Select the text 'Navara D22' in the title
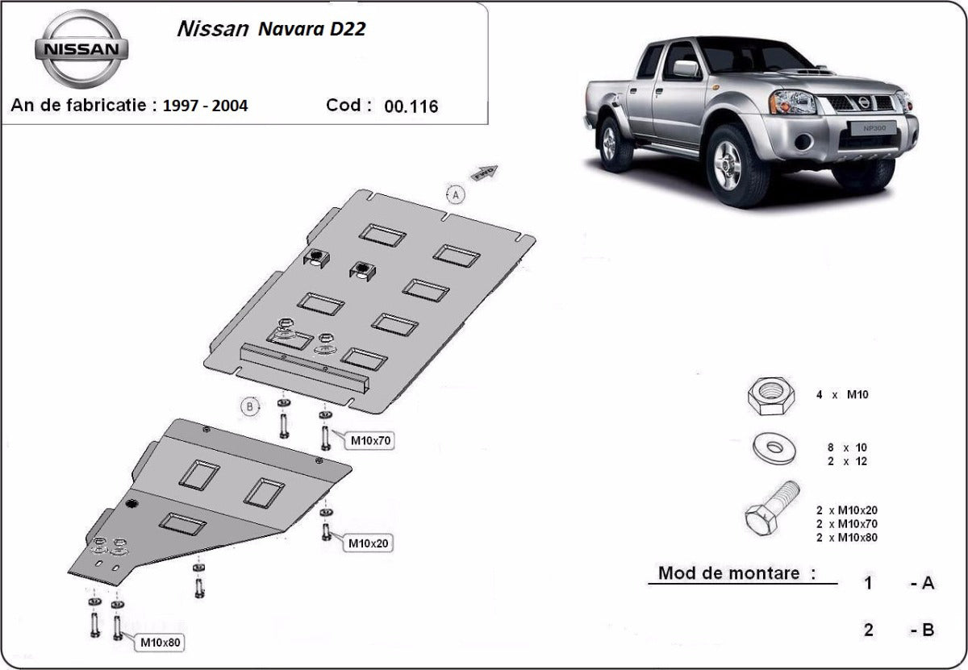(x=311, y=31)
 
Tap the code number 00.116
(x=411, y=106)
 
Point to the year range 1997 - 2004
(x=205, y=106)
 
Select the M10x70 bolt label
(x=370, y=441)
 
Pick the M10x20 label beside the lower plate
(x=369, y=543)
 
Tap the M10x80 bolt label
(x=161, y=642)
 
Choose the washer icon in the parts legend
(x=773, y=448)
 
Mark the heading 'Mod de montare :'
(x=736, y=573)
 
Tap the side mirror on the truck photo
(x=686, y=69)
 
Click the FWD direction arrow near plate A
(x=486, y=172)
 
